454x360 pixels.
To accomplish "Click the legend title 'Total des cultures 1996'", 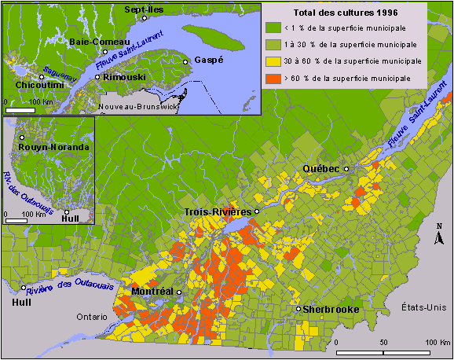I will pos(345,13).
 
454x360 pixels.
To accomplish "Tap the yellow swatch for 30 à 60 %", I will pos(271,61).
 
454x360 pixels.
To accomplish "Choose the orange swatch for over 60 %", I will pos(271,78).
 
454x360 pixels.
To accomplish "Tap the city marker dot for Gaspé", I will pos(186,61).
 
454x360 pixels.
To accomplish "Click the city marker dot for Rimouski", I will pos(97,77).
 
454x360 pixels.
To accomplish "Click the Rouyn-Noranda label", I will pos(53,147).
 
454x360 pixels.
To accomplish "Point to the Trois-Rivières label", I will pos(218,212).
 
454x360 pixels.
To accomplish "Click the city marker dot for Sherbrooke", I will pos(298,310).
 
